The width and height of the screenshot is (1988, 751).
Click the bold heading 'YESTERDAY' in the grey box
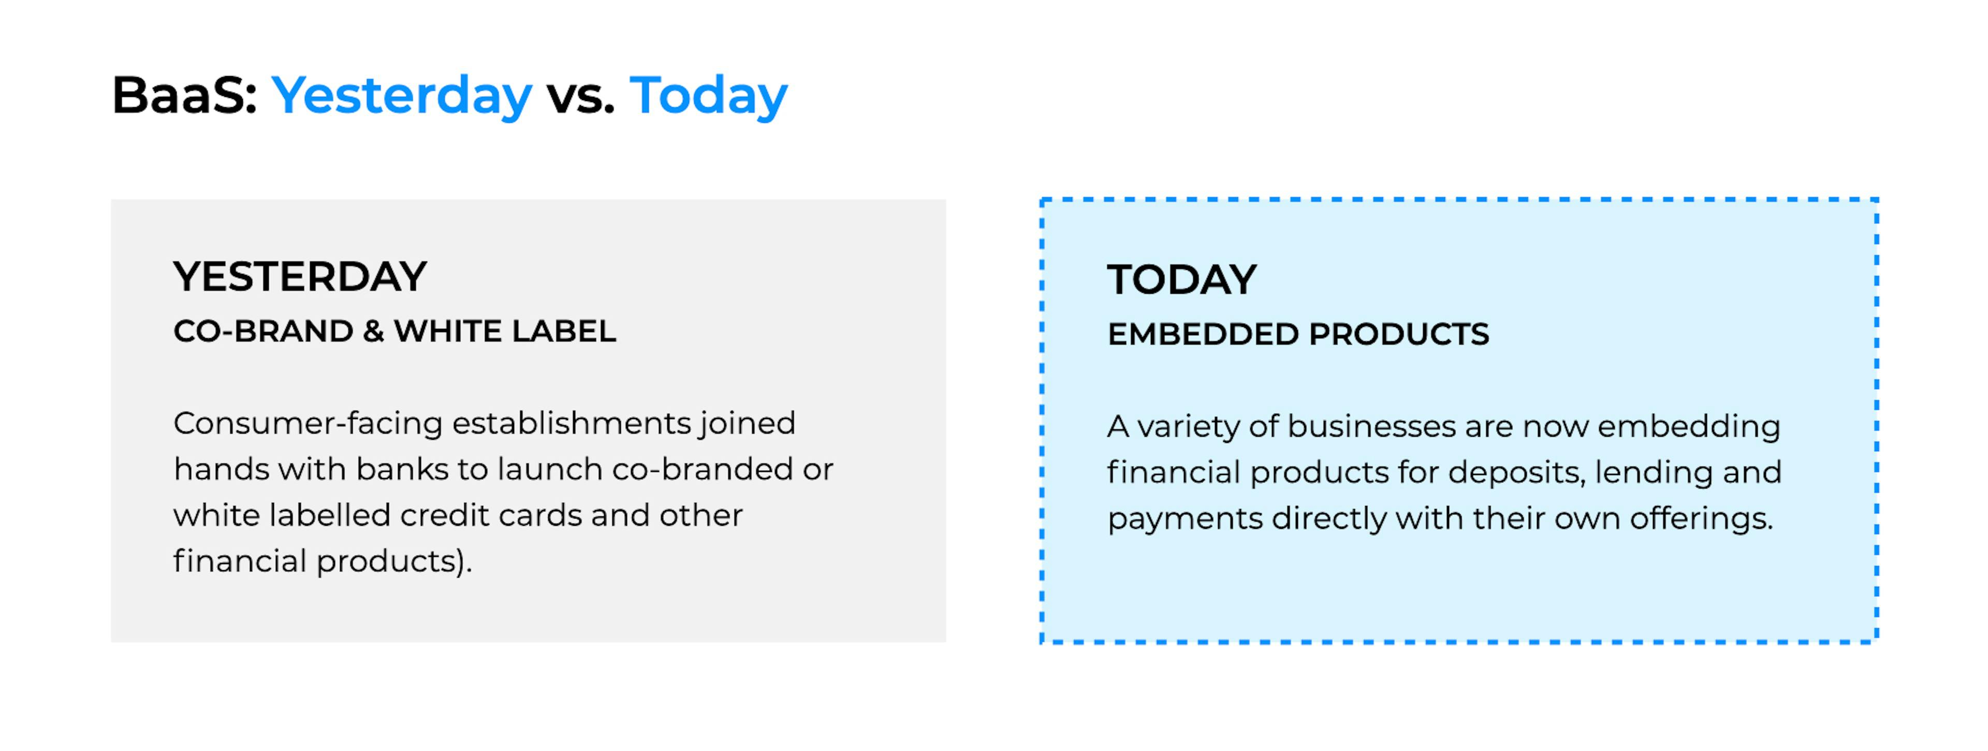tap(300, 277)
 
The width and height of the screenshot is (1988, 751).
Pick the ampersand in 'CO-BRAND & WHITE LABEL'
tap(373, 331)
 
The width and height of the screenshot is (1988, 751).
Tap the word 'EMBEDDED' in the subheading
tap(1204, 334)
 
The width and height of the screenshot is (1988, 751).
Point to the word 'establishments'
tap(572, 423)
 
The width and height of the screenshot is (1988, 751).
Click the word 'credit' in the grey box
tap(445, 515)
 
